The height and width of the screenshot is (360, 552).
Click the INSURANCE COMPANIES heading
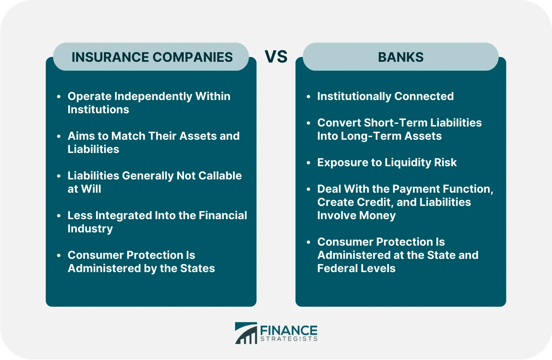(152, 57)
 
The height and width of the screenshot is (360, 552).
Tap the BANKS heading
(400, 57)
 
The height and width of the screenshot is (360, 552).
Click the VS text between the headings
(276, 57)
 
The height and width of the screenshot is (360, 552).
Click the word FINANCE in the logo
(289, 330)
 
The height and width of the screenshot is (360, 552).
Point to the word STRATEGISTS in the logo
(289, 339)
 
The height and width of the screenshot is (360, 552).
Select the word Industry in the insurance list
(90, 229)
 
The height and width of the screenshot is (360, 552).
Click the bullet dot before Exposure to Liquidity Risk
(308, 163)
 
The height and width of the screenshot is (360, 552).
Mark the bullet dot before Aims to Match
(59, 136)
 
